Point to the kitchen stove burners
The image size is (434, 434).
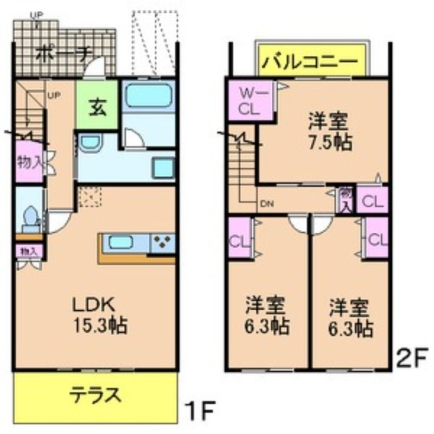[x=162, y=242]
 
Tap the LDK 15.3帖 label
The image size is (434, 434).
[x=100, y=315]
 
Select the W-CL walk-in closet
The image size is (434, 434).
[x=251, y=100]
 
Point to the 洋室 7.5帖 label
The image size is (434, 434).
[x=329, y=130]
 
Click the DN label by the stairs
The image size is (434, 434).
[x=266, y=204]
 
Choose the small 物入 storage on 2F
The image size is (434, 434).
[x=345, y=199]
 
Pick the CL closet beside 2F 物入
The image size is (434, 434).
[x=373, y=200]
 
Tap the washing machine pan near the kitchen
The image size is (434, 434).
[x=163, y=168]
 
